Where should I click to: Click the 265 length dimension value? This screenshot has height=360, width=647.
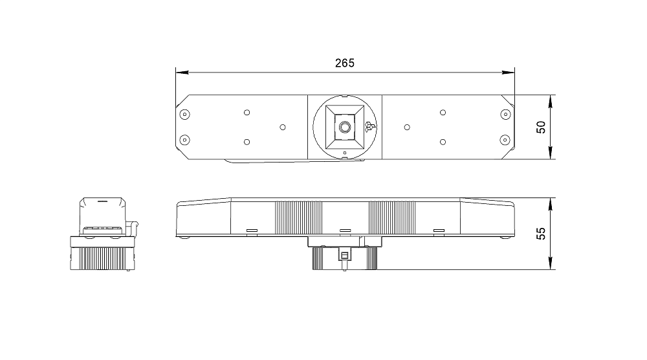pos(345,63)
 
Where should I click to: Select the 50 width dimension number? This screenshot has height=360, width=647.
pos(540,127)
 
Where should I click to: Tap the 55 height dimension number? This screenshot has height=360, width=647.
pos(540,234)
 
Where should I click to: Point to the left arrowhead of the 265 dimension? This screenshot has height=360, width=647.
pos(182,73)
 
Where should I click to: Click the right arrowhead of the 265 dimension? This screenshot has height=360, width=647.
pos(509,73)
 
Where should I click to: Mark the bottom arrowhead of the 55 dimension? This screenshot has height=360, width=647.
pos(551,263)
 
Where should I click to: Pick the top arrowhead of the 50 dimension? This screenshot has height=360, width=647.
pos(551,102)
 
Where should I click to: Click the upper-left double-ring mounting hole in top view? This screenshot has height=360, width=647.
pos(185,115)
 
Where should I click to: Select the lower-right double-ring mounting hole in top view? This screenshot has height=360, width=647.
pos(505,141)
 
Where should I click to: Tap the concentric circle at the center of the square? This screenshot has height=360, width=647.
pos(345,127)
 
